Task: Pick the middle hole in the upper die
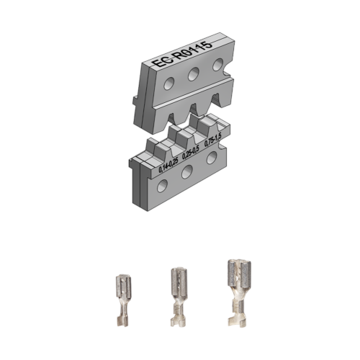(x=194, y=75)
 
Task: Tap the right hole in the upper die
(x=217, y=66)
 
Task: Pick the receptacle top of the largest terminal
(x=235, y=271)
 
